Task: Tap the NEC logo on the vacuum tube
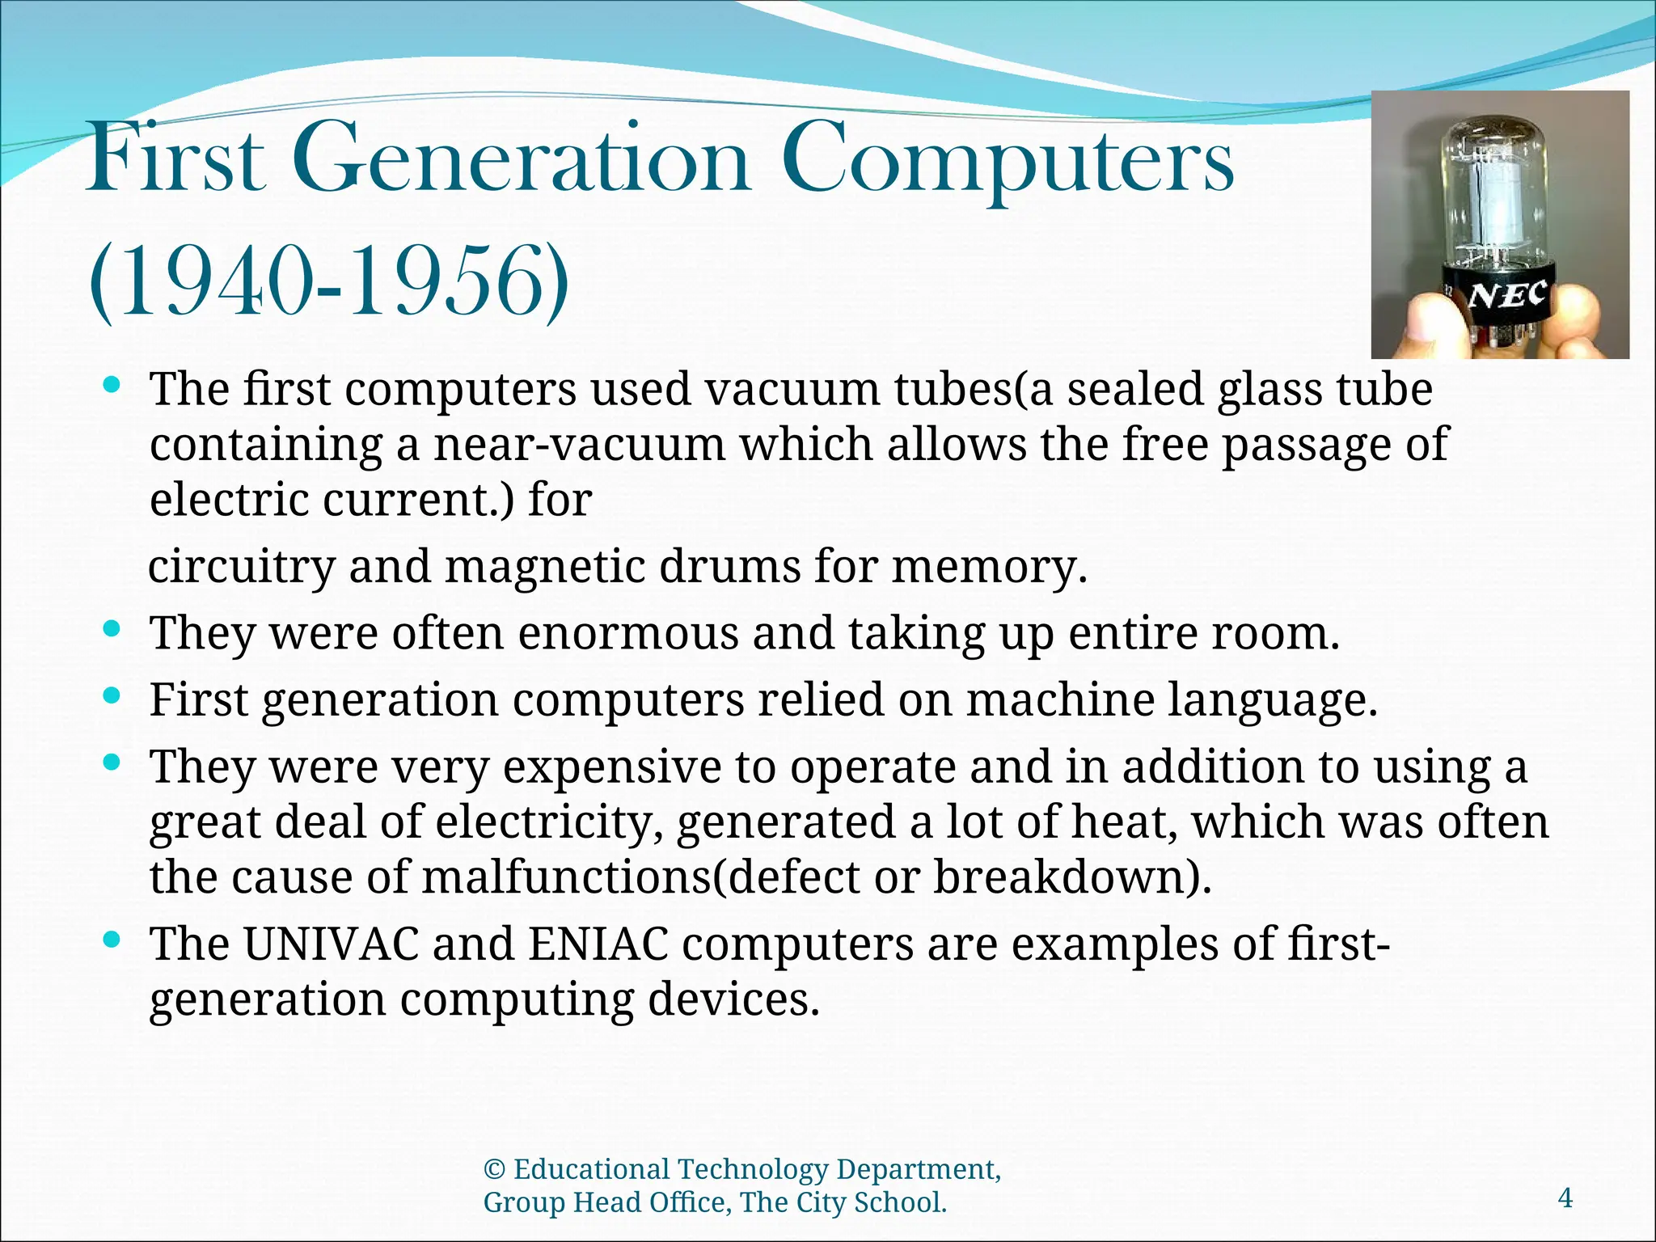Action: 1507,296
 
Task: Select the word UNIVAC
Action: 332,944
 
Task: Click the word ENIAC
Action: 598,944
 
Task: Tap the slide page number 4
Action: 1565,1198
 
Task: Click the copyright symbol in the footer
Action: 494,1170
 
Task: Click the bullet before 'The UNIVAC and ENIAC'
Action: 112,939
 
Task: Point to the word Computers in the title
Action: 1008,159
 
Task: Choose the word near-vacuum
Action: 580,445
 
